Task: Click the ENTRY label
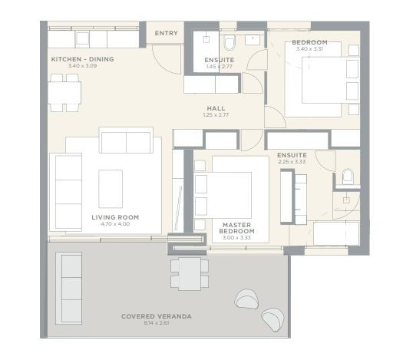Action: click(166, 34)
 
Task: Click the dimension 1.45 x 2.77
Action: click(218, 67)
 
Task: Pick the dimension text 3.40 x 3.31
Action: click(310, 48)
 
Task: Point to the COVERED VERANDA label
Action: click(157, 315)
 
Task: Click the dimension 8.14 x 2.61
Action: click(157, 322)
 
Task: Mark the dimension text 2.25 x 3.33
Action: click(292, 162)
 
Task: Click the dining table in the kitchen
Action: click(65, 91)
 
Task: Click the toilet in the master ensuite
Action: click(348, 178)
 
